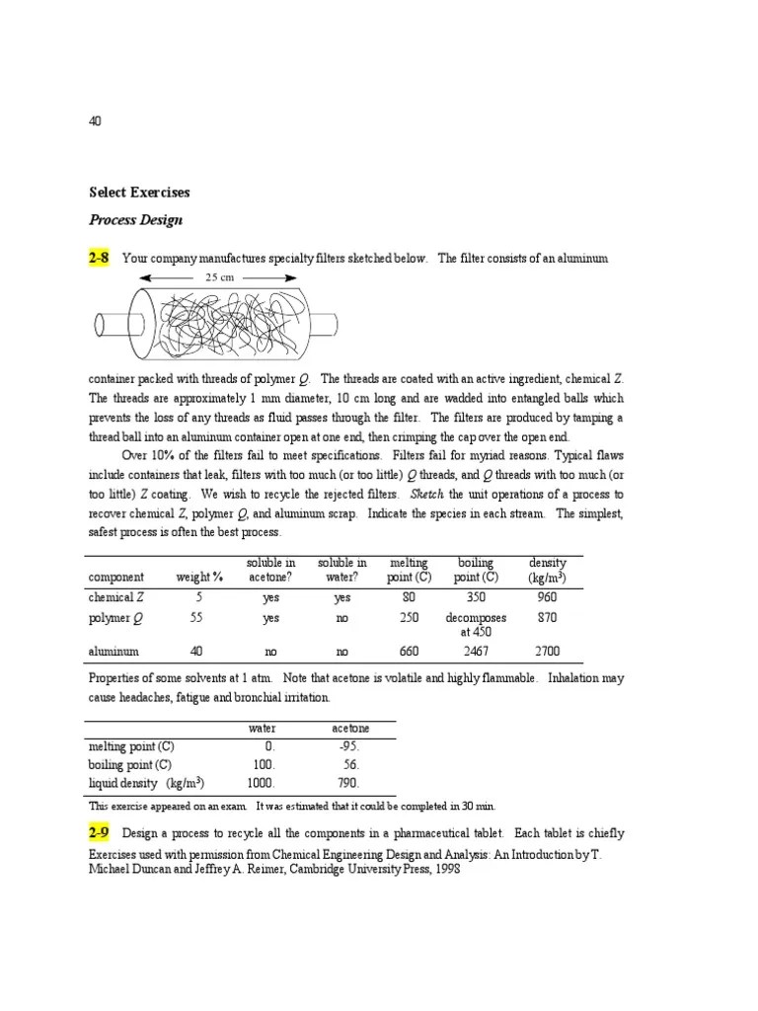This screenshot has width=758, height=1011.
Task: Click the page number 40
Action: pos(95,121)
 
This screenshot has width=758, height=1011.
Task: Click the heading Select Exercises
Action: pos(139,193)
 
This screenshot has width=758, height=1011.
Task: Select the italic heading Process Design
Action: pos(135,220)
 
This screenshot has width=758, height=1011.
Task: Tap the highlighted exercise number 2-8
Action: pos(99,259)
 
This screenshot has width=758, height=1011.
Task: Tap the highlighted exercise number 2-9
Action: pos(99,833)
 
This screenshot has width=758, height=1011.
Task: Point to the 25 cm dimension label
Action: pos(219,278)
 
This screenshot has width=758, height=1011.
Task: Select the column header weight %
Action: pos(200,578)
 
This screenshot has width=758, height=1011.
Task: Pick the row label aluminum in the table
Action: pos(114,652)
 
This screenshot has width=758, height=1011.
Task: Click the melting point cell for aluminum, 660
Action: pos(409,652)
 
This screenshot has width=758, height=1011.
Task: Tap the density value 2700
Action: pos(547,652)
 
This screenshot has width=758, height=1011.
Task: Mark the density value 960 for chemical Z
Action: pos(547,597)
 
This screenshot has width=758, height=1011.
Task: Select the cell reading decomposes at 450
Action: pos(476,624)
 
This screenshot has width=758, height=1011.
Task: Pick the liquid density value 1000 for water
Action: pos(261,782)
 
